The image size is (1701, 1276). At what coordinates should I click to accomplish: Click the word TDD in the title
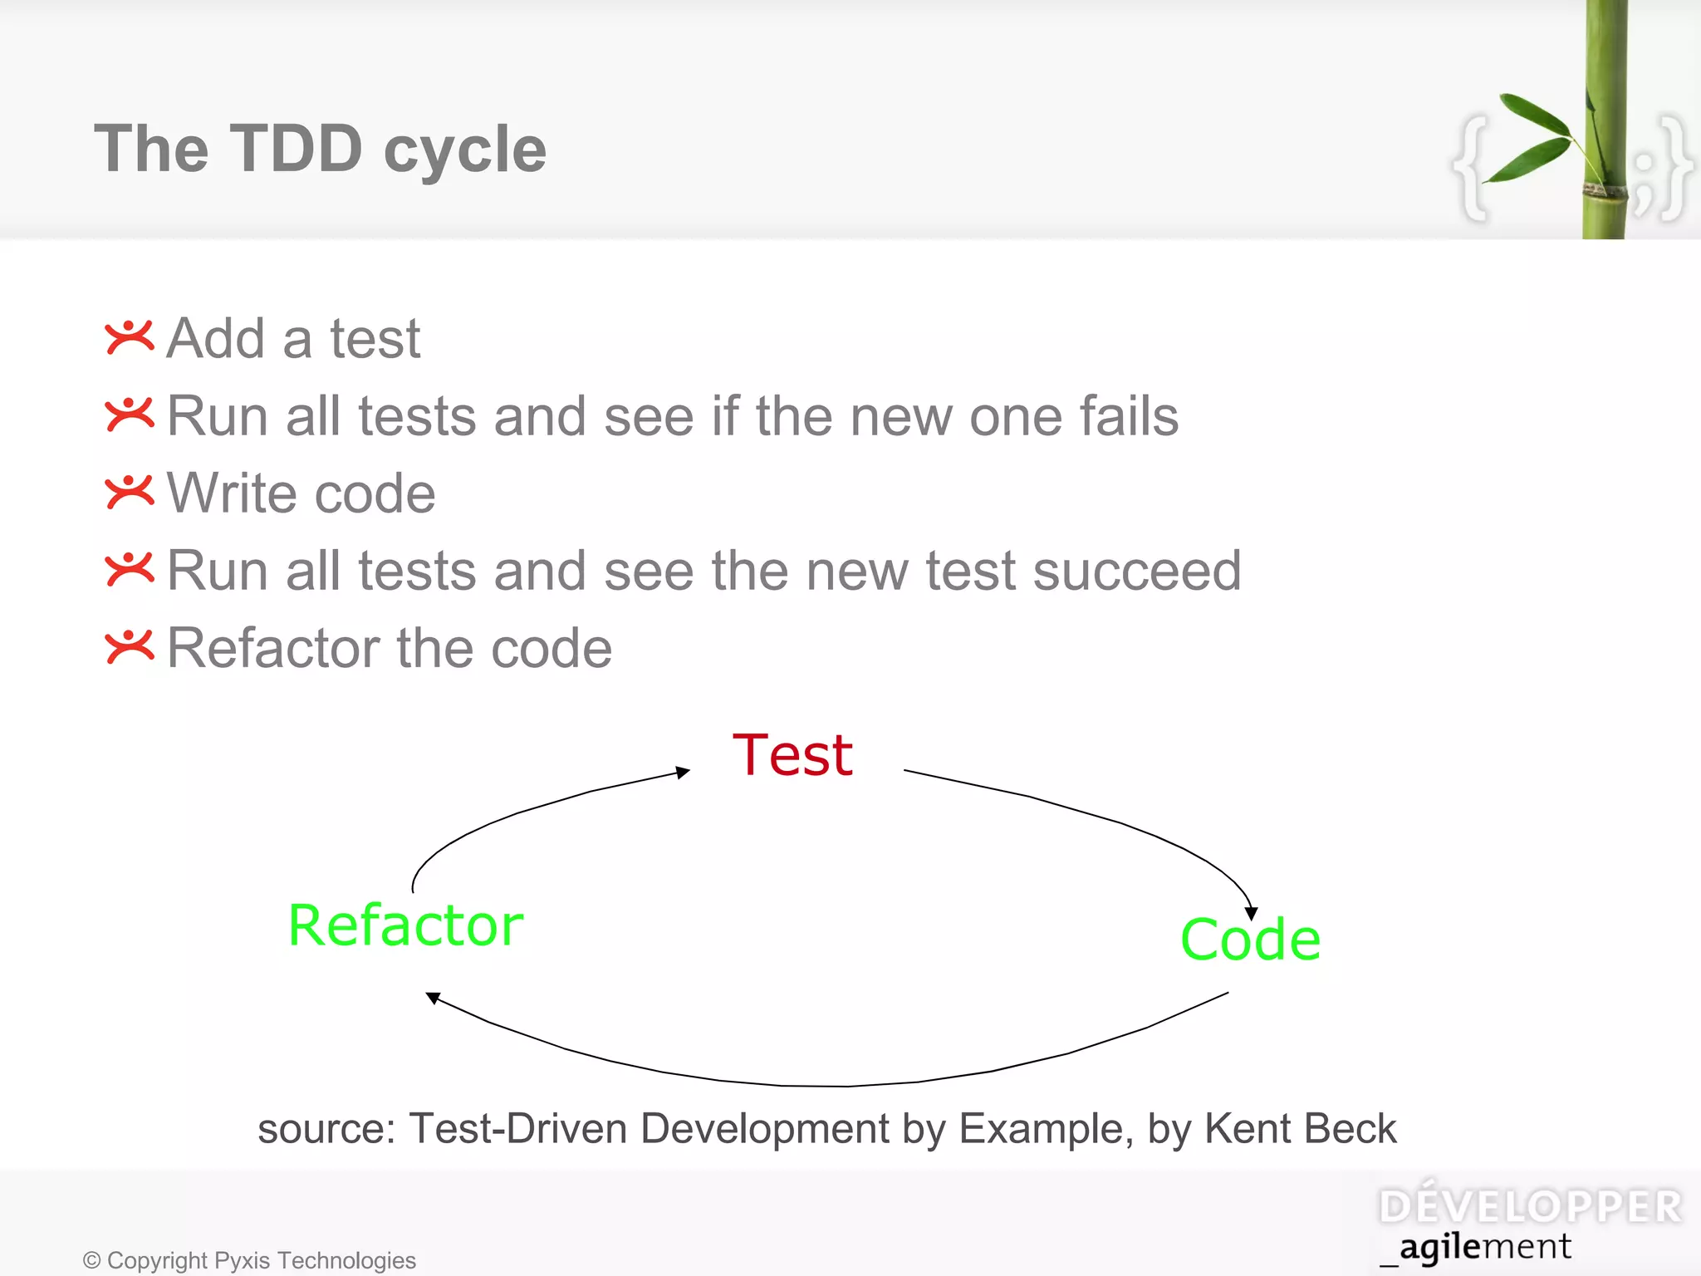tap(296, 150)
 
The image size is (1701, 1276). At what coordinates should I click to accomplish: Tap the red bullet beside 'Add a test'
tap(130, 337)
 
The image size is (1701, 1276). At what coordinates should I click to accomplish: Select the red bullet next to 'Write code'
tap(130, 492)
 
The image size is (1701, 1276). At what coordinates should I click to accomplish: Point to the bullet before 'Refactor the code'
tap(130, 646)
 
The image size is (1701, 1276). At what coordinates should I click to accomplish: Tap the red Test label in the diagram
tap(792, 755)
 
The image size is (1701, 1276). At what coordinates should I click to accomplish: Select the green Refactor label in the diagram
tap(405, 925)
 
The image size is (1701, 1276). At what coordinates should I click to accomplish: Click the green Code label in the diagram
tap(1250, 940)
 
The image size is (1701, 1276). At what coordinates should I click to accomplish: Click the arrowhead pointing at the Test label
tap(684, 773)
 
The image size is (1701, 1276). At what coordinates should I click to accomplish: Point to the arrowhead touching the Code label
tap(1252, 914)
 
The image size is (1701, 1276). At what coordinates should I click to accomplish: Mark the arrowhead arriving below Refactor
tap(432, 997)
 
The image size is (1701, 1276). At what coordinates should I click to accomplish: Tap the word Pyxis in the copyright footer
tap(242, 1260)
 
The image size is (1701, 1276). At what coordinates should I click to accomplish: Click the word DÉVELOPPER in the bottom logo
tap(1530, 1207)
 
